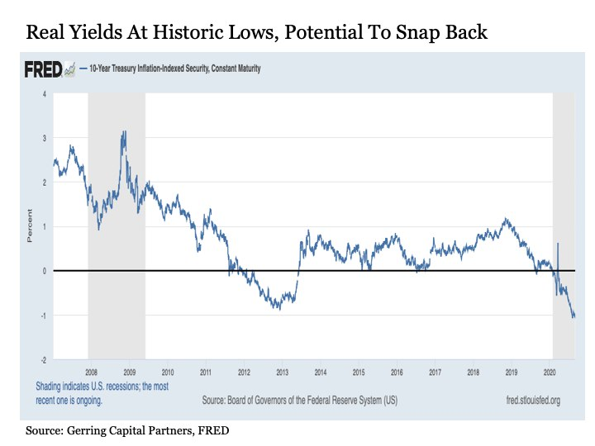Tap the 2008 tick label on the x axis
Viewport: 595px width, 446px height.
tap(91, 373)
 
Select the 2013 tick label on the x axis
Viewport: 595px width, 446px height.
tap(283, 373)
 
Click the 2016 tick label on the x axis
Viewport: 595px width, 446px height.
tap(397, 373)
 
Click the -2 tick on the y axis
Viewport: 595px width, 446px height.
tap(43, 360)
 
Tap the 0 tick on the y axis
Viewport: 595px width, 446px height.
tap(44, 271)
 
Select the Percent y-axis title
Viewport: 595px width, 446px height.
tap(31, 226)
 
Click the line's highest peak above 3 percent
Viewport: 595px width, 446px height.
tap(124, 132)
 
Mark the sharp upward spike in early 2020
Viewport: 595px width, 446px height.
tap(558, 244)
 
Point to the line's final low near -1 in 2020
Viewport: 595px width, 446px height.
tap(574, 316)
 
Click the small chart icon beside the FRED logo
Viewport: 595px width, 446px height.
tap(70, 70)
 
